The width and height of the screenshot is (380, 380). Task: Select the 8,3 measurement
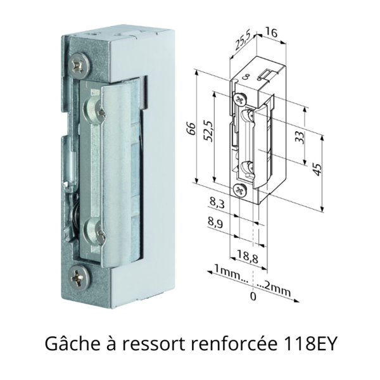coord(216,203)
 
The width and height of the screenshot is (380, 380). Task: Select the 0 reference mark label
coord(253,296)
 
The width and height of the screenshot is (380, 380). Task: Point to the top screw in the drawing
coord(240,99)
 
